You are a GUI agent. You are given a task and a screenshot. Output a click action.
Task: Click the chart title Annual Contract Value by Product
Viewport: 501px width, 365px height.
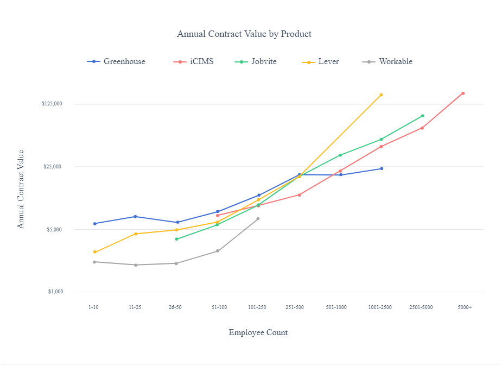pos(244,34)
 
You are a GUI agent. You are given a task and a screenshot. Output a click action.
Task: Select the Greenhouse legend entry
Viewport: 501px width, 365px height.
pos(124,61)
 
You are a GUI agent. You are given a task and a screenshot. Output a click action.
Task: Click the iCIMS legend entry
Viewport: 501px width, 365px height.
pos(201,61)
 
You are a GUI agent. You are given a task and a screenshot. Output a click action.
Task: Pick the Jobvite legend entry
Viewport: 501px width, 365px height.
pos(263,61)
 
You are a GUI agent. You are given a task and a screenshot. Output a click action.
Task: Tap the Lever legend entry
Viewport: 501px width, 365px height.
pos(328,61)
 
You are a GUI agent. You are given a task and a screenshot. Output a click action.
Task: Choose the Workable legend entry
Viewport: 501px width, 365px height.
pos(395,61)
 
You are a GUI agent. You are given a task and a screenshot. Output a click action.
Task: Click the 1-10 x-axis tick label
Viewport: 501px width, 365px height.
pos(94,307)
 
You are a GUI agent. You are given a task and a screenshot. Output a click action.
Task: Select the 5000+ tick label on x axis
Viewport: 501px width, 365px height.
pos(464,307)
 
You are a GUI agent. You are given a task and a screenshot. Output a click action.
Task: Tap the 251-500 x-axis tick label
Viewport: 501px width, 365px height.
pos(295,307)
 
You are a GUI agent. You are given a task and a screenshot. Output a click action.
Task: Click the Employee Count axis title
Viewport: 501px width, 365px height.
pos(258,332)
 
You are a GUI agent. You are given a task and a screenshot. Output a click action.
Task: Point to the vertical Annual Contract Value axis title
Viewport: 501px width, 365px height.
pos(21,189)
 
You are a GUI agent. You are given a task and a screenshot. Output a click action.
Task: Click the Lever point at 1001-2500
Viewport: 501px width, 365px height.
pos(381,95)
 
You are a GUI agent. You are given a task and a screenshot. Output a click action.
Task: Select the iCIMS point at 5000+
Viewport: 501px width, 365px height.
pos(463,93)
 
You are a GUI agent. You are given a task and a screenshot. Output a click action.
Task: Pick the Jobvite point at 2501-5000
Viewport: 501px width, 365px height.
pos(422,116)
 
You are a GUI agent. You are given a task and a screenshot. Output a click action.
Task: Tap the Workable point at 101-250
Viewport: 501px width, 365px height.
pos(258,219)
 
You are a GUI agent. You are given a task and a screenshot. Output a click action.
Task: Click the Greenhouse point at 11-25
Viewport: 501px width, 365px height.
pos(135,217)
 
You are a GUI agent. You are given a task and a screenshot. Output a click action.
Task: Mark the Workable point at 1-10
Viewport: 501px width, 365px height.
pos(94,262)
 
